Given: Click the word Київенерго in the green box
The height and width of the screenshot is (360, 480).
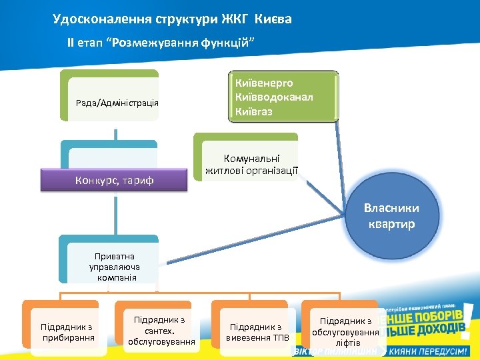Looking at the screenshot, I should click(x=264, y=83).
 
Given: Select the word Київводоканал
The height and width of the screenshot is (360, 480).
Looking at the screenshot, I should click(x=274, y=97).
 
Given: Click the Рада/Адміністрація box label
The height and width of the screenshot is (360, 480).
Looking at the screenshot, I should click(x=117, y=102).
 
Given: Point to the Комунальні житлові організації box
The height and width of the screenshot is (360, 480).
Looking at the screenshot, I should click(x=251, y=164).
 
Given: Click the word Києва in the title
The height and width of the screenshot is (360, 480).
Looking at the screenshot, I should click(x=273, y=19).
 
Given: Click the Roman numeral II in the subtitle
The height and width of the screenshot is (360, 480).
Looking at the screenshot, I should click(x=71, y=43).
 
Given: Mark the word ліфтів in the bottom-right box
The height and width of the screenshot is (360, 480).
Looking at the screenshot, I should click(x=345, y=343).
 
